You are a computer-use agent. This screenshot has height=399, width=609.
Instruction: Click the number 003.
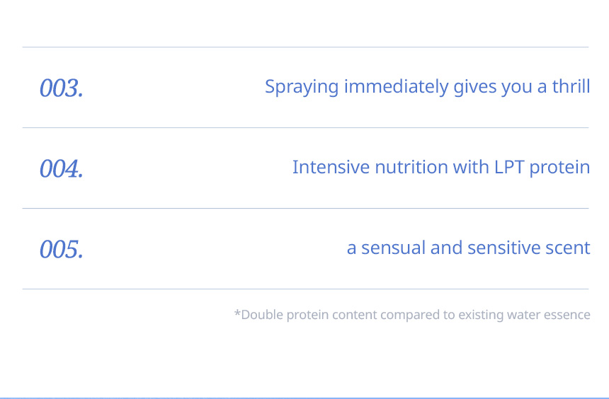coord(62,88)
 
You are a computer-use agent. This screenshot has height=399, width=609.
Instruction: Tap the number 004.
coord(62,168)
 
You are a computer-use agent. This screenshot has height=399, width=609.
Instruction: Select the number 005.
coord(62,249)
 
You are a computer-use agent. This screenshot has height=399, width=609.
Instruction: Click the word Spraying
coord(302,87)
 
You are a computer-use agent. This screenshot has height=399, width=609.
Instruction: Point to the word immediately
coord(396,86)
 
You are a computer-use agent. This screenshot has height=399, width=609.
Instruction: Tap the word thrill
coord(571,86)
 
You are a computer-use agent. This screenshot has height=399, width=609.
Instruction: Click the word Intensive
coord(331,167)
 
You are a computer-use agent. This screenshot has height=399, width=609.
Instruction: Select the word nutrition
coord(411,167)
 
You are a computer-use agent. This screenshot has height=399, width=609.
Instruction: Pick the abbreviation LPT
coord(509,167)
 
